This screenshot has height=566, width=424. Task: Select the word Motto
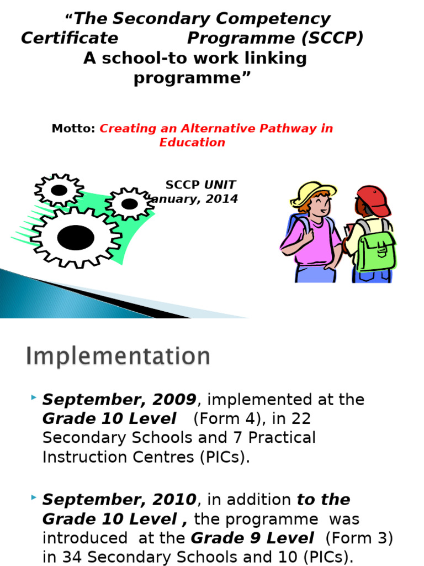point(73,129)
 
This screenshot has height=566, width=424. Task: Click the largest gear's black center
point(76,237)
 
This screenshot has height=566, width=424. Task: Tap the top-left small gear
point(59,190)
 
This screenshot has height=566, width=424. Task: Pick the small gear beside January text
point(129,203)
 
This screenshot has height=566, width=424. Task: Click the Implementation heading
point(118,357)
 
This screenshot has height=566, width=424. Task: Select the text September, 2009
point(119,400)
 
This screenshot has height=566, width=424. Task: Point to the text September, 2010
point(119,500)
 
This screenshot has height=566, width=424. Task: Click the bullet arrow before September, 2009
point(34,398)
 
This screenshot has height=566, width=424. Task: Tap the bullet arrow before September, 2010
point(34,499)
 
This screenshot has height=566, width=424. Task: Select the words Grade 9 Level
point(252,538)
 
